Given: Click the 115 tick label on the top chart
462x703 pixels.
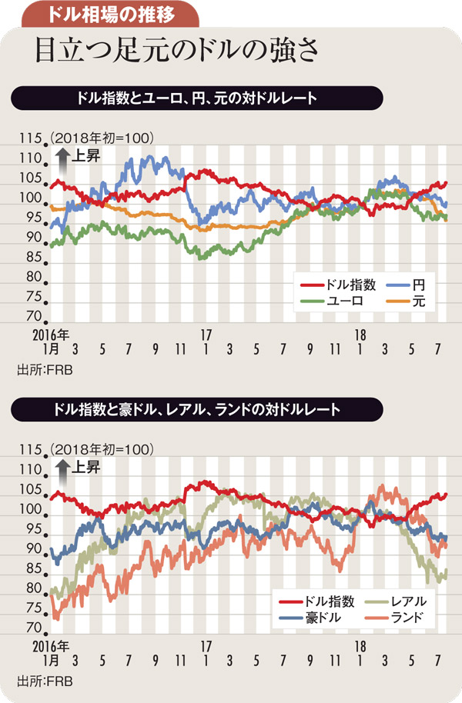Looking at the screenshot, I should [x=30, y=138].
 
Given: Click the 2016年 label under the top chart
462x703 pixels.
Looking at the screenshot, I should [x=52, y=336].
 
